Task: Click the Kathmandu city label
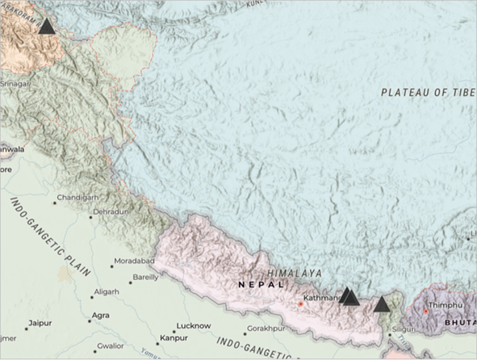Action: coord(322,297)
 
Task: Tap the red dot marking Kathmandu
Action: coord(300,304)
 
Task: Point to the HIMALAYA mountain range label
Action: coord(294,273)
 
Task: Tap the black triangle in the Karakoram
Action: coord(47,27)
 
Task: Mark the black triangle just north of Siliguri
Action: coord(381,305)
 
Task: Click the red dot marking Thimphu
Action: coord(426,311)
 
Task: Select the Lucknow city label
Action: coord(193,326)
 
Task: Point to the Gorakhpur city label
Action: coord(266,328)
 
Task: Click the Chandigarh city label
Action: coord(77,197)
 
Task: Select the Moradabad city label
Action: coord(134,261)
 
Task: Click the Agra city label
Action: coord(101,315)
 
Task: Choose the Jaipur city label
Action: coord(39,323)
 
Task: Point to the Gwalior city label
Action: coord(110,346)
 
